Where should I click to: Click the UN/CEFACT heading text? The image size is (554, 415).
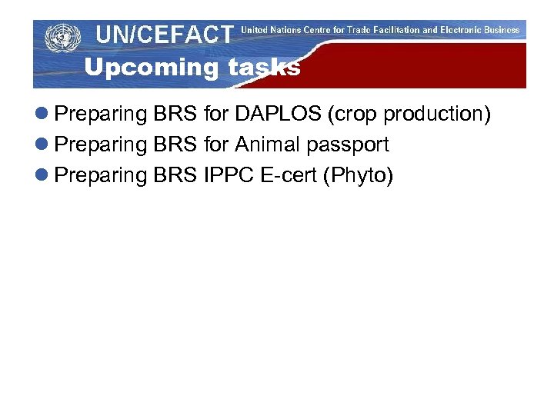[164, 35]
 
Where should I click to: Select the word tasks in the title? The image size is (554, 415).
[264, 68]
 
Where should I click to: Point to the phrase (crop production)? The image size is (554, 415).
[409, 115]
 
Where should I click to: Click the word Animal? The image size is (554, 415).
[269, 144]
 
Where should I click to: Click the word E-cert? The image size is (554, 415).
[291, 176]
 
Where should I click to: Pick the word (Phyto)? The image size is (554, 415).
[359, 176]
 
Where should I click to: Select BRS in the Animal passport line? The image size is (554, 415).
[176, 144]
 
